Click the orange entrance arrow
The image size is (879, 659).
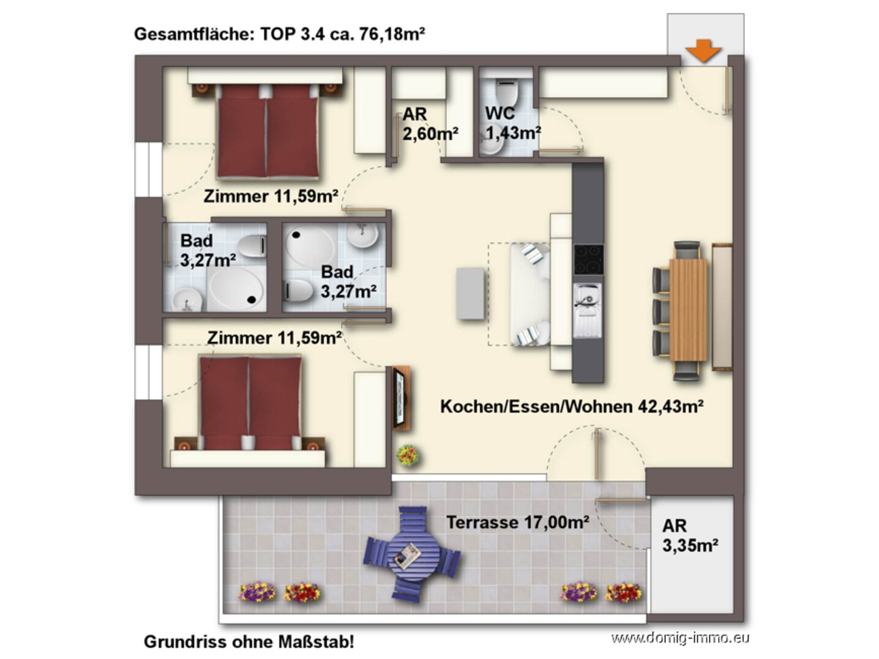click(x=703, y=51)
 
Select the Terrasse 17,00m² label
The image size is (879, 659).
click(x=517, y=522)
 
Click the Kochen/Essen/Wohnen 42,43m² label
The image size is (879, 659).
click(x=572, y=406)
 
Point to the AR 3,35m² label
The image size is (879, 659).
click(x=690, y=535)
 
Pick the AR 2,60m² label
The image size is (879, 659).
click(x=430, y=124)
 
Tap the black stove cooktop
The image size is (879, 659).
click(x=588, y=259)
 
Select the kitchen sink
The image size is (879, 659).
click(x=588, y=310)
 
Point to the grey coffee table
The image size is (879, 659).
click(x=470, y=293)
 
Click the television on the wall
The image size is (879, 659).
click(x=400, y=398)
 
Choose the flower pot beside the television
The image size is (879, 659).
click(x=408, y=455)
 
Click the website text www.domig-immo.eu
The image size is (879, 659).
click(x=679, y=638)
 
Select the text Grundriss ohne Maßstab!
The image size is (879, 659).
click(x=249, y=642)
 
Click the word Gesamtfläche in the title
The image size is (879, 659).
click(x=194, y=34)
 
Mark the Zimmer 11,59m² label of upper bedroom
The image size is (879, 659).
click(x=271, y=196)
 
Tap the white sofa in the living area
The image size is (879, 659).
click(x=530, y=294)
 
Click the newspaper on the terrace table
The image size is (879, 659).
click(x=408, y=556)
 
